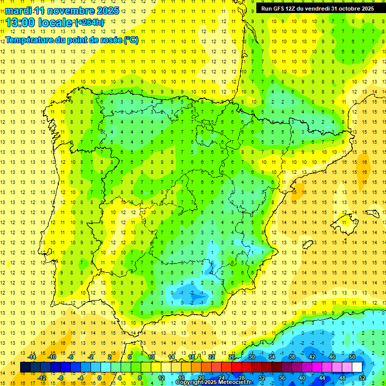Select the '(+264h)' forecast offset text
click(x=89, y=23)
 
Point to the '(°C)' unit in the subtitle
click(x=131, y=40)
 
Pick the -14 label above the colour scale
click(x=31, y=357)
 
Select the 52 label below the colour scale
click(x=362, y=377)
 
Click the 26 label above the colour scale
click(x=232, y=357)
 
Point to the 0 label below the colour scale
click(x=100, y=377)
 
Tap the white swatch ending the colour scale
click(x=357, y=367)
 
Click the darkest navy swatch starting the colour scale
click(x=26, y=367)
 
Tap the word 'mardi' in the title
click(x=18, y=10)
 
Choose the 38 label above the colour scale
click(x=292, y=357)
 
